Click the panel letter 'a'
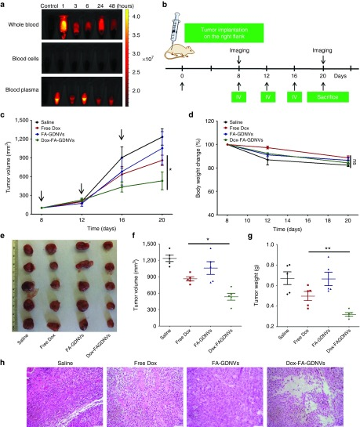[x=4, y=5]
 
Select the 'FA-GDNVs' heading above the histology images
[x=224, y=343]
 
